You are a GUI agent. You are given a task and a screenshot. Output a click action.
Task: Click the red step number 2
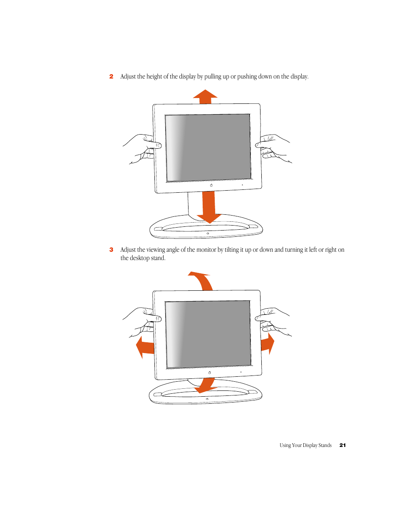[x=111, y=76]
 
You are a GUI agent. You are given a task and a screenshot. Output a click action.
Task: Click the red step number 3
[x=111, y=250]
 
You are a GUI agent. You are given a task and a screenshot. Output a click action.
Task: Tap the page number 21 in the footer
[x=342, y=445]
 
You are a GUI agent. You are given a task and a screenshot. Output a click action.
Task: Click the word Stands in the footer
[x=325, y=445]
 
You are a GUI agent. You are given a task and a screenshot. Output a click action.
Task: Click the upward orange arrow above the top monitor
[x=205, y=97]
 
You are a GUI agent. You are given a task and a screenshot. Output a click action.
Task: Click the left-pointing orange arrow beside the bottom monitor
[x=144, y=347]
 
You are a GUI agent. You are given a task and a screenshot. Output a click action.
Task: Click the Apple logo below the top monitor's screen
[x=211, y=185]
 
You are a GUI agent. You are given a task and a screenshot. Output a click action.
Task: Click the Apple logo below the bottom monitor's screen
[x=209, y=373]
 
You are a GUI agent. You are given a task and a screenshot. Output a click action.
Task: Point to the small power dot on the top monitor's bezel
[x=242, y=185]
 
